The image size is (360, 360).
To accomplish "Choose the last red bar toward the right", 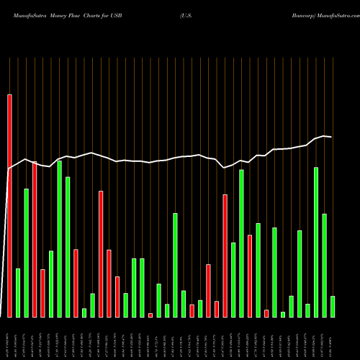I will (266, 313).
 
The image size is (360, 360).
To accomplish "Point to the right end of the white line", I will (331, 136).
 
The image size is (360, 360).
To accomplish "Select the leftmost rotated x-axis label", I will (9, 338).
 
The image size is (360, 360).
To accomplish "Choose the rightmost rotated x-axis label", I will (333, 338).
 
